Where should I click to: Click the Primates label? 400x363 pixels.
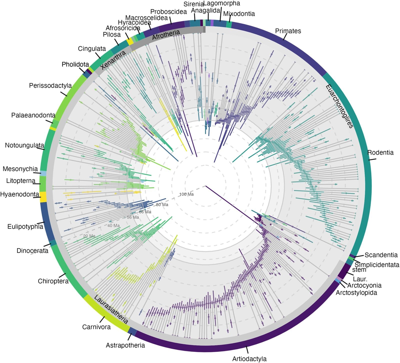tap(288, 31)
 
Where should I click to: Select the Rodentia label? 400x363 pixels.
tap(380, 152)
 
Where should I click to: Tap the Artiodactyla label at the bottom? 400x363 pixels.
tap(249, 359)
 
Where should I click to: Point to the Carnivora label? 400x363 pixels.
tap(96, 327)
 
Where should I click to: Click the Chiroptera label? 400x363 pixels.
tap(53, 281)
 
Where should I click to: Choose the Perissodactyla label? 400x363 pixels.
tap(50, 85)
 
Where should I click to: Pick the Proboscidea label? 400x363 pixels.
tap(168, 12)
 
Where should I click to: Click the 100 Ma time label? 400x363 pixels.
tap(186, 194)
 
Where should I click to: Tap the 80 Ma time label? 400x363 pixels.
tap(162, 205)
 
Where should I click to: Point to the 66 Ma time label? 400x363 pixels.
tap(145, 212)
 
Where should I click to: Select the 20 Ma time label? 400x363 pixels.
tap(89, 236)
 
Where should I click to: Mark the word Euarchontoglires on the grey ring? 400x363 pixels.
tap(339, 106)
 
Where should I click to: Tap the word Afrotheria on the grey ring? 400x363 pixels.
tap(166, 34)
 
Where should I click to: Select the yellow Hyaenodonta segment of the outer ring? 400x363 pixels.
tap(43, 197)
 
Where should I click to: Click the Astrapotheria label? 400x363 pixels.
tap(125, 345)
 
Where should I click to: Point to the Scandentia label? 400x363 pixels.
tap(381, 255)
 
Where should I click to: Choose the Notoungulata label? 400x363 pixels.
tap(24, 145)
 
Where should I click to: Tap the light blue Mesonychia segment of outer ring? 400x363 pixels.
tap(43, 173)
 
